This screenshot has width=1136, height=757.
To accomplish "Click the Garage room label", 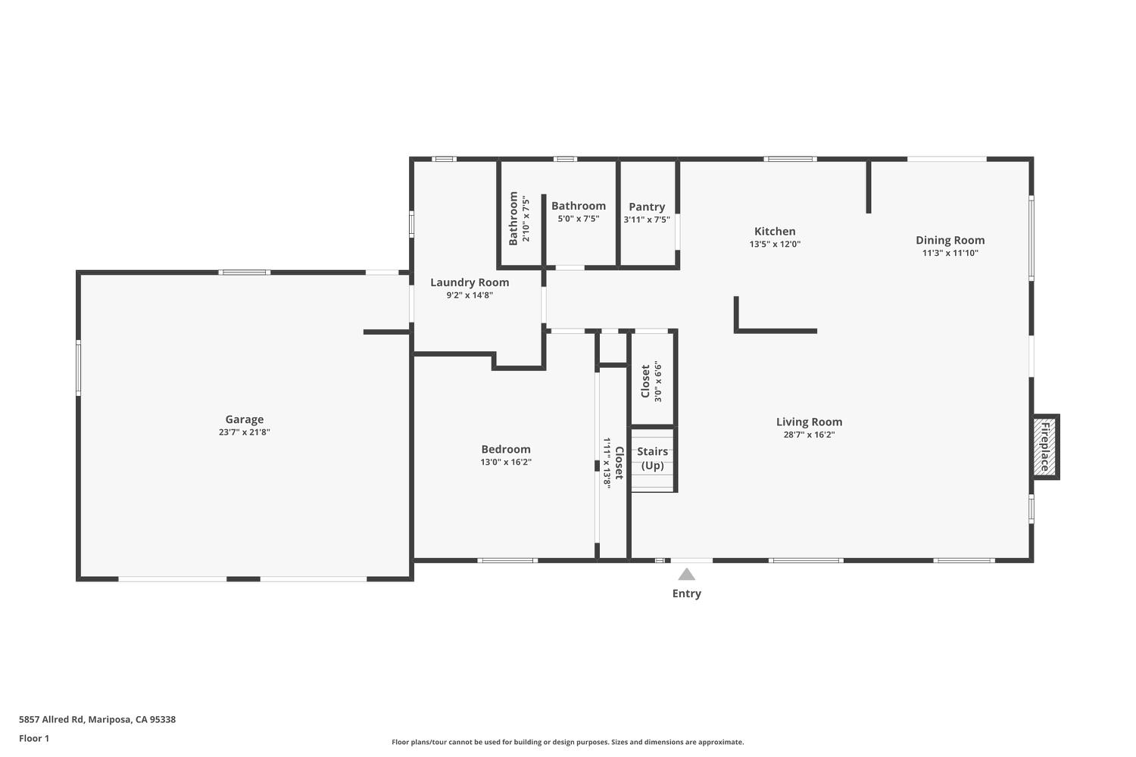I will pyautogui.click(x=244, y=419).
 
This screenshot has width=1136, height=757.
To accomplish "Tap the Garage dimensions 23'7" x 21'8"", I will pyautogui.click(x=244, y=432).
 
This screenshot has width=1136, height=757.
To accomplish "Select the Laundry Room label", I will pyautogui.click(x=470, y=282).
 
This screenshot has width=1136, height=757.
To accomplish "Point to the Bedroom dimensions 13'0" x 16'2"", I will pyautogui.click(x=506, y=462).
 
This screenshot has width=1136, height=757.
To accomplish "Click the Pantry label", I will pyautogui.click(x=647, y=207).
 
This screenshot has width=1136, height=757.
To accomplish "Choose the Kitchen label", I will pyautogui.click(x=775, y=232).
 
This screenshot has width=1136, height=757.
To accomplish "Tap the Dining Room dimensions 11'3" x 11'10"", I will pyautogui.click(x=950, y=253).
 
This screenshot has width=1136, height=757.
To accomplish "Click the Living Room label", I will pyautogui.click(x=809, y=422).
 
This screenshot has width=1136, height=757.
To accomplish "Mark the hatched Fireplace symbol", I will pyautogui.click(x=1044, y=447).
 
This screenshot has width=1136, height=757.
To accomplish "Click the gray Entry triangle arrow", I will pyautogui.click(x=686, y=575).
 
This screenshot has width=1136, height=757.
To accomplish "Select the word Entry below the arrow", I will pyautogui.click(x=686, y=593).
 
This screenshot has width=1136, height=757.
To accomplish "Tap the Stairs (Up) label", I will pyautogui.click(x=652, y=458).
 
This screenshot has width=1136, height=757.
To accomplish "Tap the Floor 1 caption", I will pyautogui.click(x=34, y=738).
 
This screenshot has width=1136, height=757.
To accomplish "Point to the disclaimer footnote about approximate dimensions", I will pyautogui.click(x=567, y=743).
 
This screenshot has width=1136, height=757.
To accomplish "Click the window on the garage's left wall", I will pyautogui.click(x=78, y=368).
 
